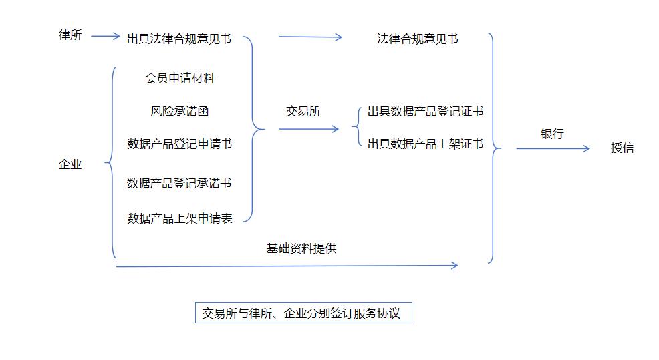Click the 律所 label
[70, 35]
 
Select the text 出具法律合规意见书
[179, 39]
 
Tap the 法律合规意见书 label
[417, 39]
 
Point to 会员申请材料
[180, 78]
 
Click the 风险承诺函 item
[180, 111]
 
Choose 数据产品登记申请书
[180, 143]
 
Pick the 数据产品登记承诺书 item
[179, 182]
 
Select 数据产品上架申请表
[180, 218]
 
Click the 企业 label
[70, 164]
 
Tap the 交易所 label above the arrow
[303, 111]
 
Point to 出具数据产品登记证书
[425, 111]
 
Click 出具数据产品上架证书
[425, 143]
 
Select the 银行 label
[552, 134]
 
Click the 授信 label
[622, 148]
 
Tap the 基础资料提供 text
[301, 248]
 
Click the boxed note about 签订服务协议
[302, 313]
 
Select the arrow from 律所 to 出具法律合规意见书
[105, 36]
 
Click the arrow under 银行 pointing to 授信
[553, 148]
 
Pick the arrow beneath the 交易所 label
[309, 128]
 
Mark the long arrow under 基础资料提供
[287, 266]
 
